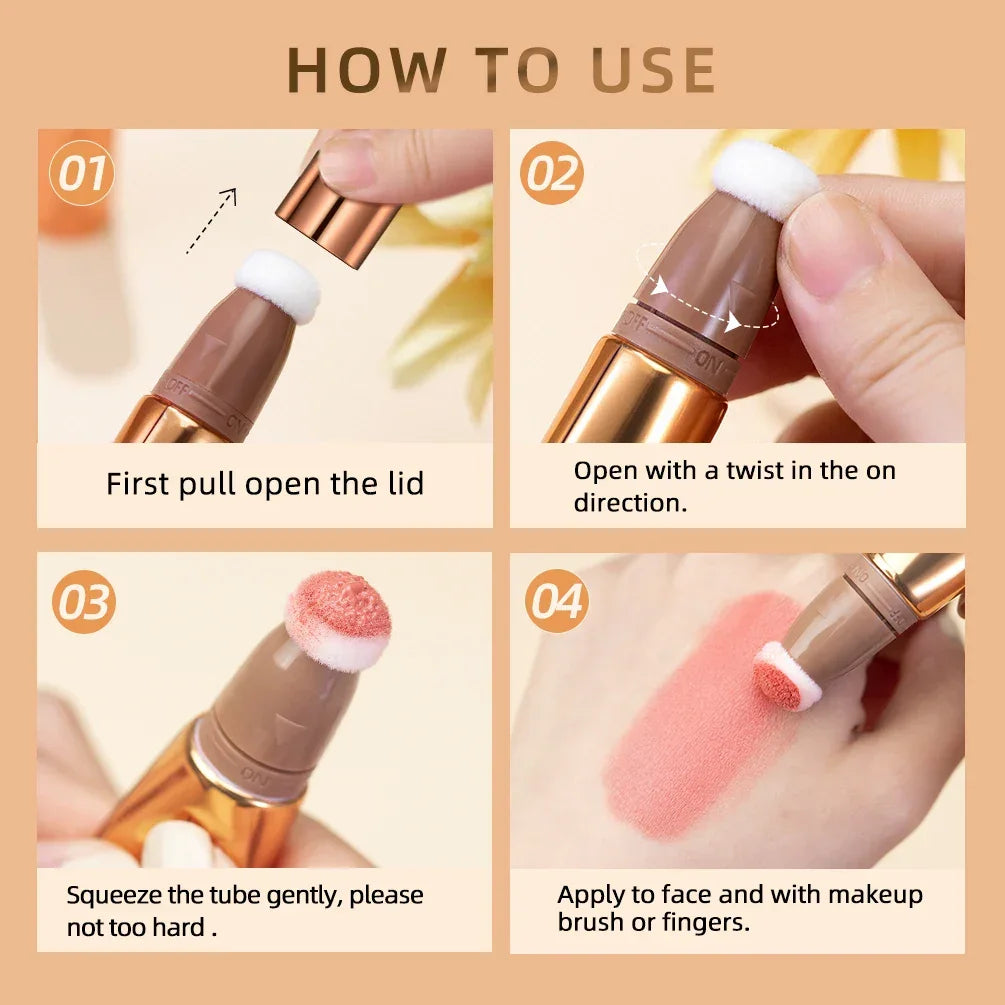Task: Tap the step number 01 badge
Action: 81,174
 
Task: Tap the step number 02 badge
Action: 552,174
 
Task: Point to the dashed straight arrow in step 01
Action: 211,221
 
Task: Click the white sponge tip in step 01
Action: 277,284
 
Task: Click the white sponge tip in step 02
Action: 765,177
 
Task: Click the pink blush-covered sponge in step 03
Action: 338,619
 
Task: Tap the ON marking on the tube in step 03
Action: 251,771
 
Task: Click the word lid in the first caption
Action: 401,484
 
